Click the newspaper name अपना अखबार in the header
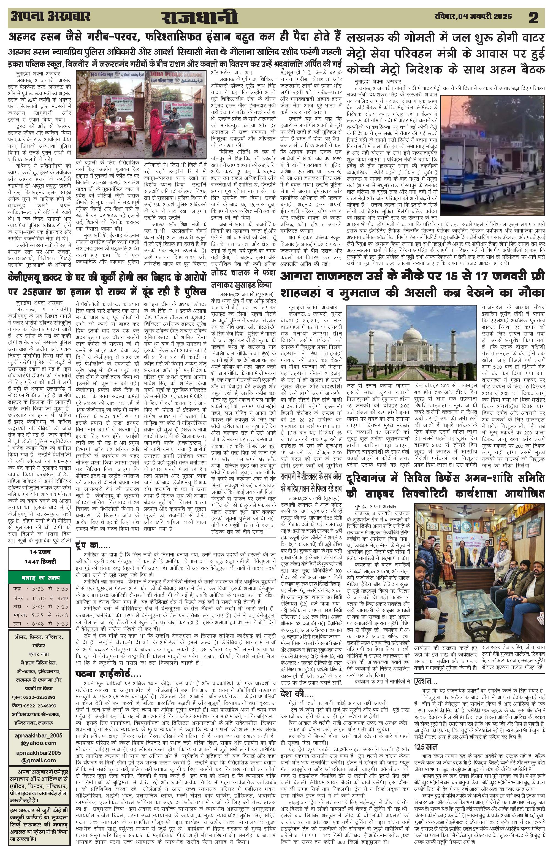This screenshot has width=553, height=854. point(50,17)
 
